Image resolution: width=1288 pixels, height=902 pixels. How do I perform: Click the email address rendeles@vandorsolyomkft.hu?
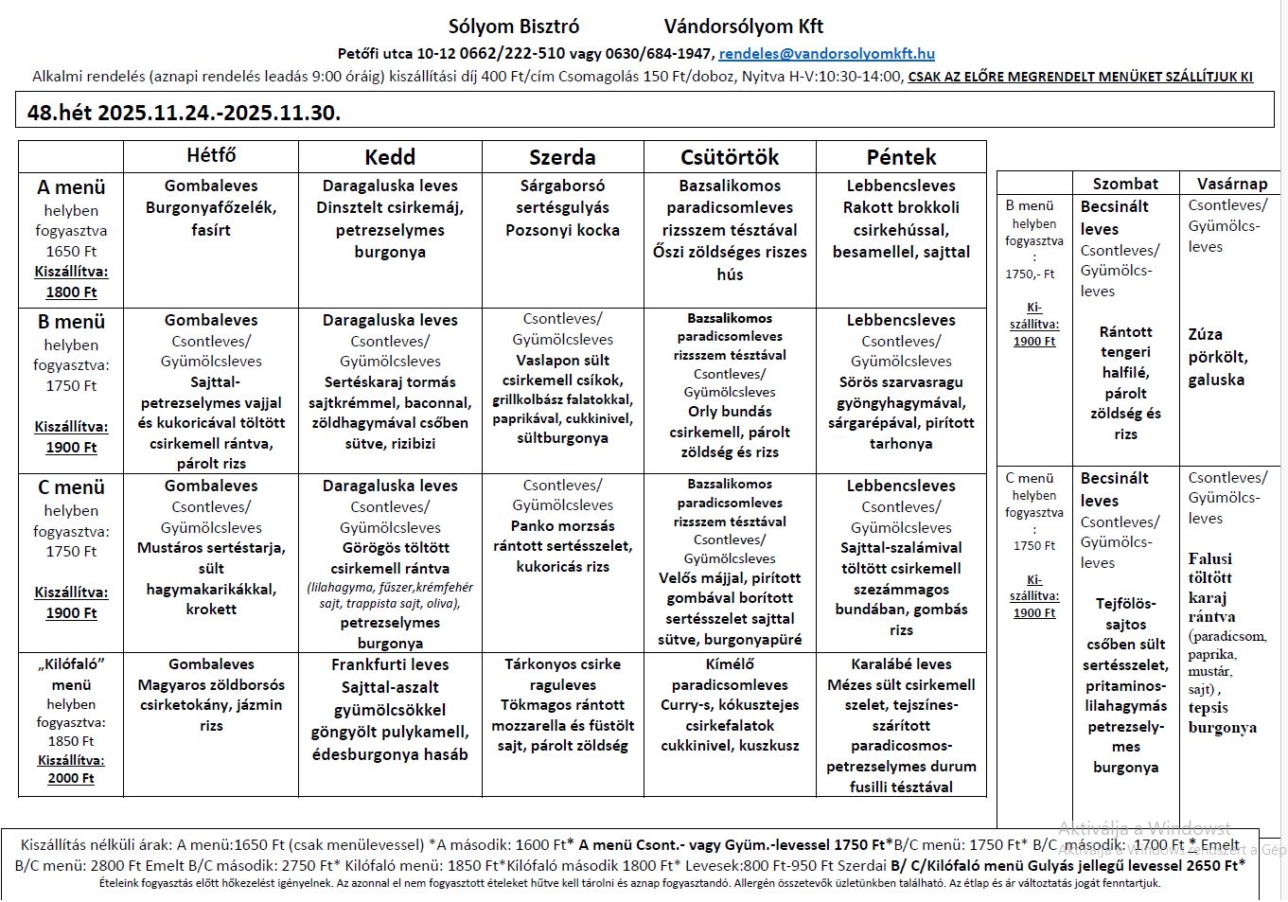826,54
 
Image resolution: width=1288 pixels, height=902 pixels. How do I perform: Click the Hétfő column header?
211,156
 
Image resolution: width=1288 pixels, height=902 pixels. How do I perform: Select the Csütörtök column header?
730,157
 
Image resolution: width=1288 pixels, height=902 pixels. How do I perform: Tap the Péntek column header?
901,157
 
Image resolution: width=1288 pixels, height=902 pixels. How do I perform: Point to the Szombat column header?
1125,184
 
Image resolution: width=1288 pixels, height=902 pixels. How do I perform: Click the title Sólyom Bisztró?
514,27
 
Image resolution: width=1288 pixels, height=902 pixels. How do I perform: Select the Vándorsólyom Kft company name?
743,27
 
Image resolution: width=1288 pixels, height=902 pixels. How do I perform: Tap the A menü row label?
71,187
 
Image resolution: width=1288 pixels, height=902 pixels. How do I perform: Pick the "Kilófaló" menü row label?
71,674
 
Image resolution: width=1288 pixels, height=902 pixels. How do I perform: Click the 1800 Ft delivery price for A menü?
71,292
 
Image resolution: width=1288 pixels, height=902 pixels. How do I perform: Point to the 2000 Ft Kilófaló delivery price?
71,778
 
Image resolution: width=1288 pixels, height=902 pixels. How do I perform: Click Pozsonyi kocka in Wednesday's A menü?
562,230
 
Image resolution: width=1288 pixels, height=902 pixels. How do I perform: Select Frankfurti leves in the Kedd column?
390,664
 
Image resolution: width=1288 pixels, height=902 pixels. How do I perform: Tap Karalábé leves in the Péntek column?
901,664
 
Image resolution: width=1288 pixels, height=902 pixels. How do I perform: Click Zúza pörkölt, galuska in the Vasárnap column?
1217,357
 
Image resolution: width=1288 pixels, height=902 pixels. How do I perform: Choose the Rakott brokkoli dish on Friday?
901,207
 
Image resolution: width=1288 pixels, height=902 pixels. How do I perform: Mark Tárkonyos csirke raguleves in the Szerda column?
562,674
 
